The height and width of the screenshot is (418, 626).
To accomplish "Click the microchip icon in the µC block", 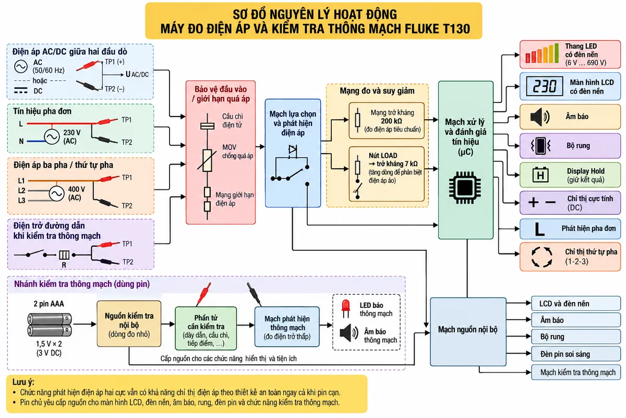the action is tap(465, 187).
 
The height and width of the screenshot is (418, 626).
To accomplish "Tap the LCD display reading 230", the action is tap(545, 86).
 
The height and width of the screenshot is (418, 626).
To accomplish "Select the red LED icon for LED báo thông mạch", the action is tap(346, 308).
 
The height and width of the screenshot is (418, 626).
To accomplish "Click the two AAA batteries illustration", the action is tap(50, 325).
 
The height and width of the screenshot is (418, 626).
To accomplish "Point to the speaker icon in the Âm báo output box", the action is tap(540, 117).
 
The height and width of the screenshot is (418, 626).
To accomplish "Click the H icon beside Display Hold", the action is tap(540, 175).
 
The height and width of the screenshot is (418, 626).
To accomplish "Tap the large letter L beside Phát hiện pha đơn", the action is tap(539, 229).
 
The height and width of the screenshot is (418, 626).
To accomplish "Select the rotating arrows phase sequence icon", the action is tap(541, 257).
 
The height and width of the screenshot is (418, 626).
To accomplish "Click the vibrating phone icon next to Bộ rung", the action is tap(540, 146).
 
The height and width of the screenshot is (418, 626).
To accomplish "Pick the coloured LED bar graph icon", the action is tap(542, 53).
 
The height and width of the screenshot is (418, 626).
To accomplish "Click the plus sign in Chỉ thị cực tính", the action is tap(534, 202).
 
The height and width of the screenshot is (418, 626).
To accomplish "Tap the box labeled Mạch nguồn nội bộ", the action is tap(468, 332).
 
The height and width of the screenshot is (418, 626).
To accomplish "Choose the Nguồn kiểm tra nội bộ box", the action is tap(129, 324).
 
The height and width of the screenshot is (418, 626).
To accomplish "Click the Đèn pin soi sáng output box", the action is tap(576, 354).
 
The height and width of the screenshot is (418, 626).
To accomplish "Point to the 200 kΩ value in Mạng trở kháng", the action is tap(391, 121).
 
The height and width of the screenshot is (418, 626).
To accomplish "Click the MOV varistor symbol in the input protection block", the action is tap(207, 160).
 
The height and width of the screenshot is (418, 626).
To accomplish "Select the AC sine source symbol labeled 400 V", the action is tap(56, 193).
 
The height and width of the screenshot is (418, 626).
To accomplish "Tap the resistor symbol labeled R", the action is tap(64, 255).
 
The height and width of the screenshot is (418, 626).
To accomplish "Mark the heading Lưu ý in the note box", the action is tap(23, 382).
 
